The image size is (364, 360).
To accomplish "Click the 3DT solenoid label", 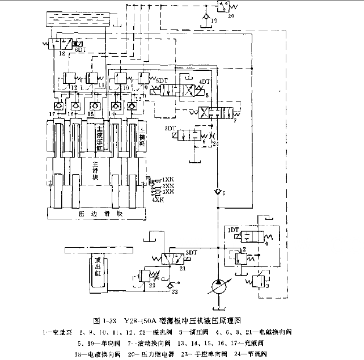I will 169,129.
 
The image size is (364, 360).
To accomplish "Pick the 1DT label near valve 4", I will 232,230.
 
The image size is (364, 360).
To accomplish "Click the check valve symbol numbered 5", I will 215,192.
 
